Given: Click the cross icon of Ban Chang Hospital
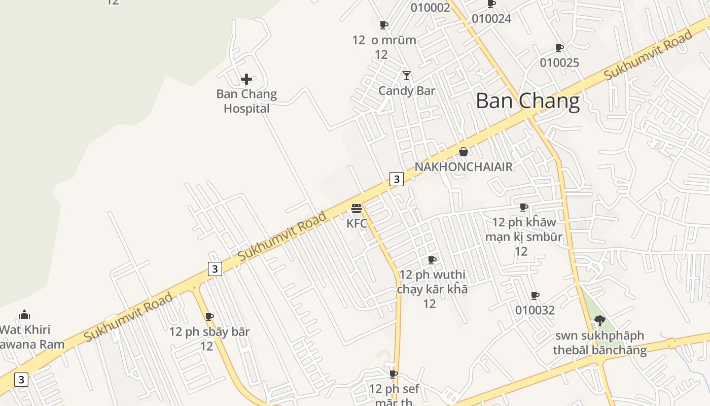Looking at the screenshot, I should click(246, 79).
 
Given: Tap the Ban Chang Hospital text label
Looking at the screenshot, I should click(246, 101).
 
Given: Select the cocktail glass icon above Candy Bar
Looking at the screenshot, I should click(407, 76).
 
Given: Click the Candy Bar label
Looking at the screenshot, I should click(407, 91).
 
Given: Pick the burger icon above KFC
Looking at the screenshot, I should click(357, 209).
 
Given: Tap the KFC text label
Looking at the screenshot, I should click(357, 223).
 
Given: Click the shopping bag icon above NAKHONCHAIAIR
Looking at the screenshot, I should click(463, 152).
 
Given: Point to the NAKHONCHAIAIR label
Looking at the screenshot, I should click(464, 167).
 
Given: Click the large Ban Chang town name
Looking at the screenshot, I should click(527, 101).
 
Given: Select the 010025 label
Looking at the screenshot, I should click(559, 63).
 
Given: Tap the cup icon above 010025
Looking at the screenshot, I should click(559, 48).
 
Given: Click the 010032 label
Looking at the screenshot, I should click(535, 310).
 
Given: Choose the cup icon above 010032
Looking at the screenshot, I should click(535, 295).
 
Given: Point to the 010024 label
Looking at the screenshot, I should click(491, 19).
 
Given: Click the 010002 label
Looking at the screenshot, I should click(431, 8).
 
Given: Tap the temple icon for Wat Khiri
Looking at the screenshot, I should click(24, 315).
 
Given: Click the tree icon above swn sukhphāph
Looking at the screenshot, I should click(599, 320).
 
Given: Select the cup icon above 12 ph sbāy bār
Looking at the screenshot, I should click(209, 317).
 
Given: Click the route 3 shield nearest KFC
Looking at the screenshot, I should click(397, 179).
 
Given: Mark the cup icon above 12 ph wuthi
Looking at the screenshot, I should click(432, 260).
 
